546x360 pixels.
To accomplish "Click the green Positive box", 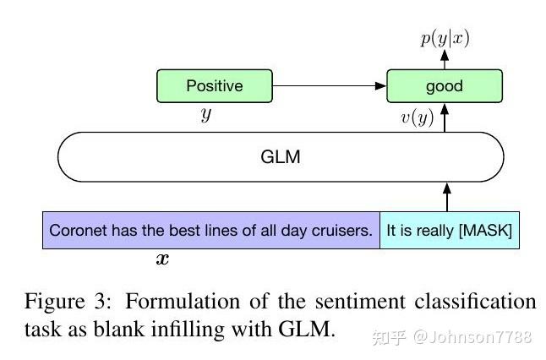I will coord(215,86).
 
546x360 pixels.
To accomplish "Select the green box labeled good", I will coord(445,86).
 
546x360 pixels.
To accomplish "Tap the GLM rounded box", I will coord(281,157).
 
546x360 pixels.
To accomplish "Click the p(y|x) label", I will coord(445,37).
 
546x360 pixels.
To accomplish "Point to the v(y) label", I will coord(417,117).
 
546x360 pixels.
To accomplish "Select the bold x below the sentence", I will coord(162,259).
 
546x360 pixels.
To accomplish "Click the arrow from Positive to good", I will coord(330,86).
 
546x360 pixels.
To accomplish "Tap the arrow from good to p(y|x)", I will coord(445,59).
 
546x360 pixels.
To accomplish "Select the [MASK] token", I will coord(485,230).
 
